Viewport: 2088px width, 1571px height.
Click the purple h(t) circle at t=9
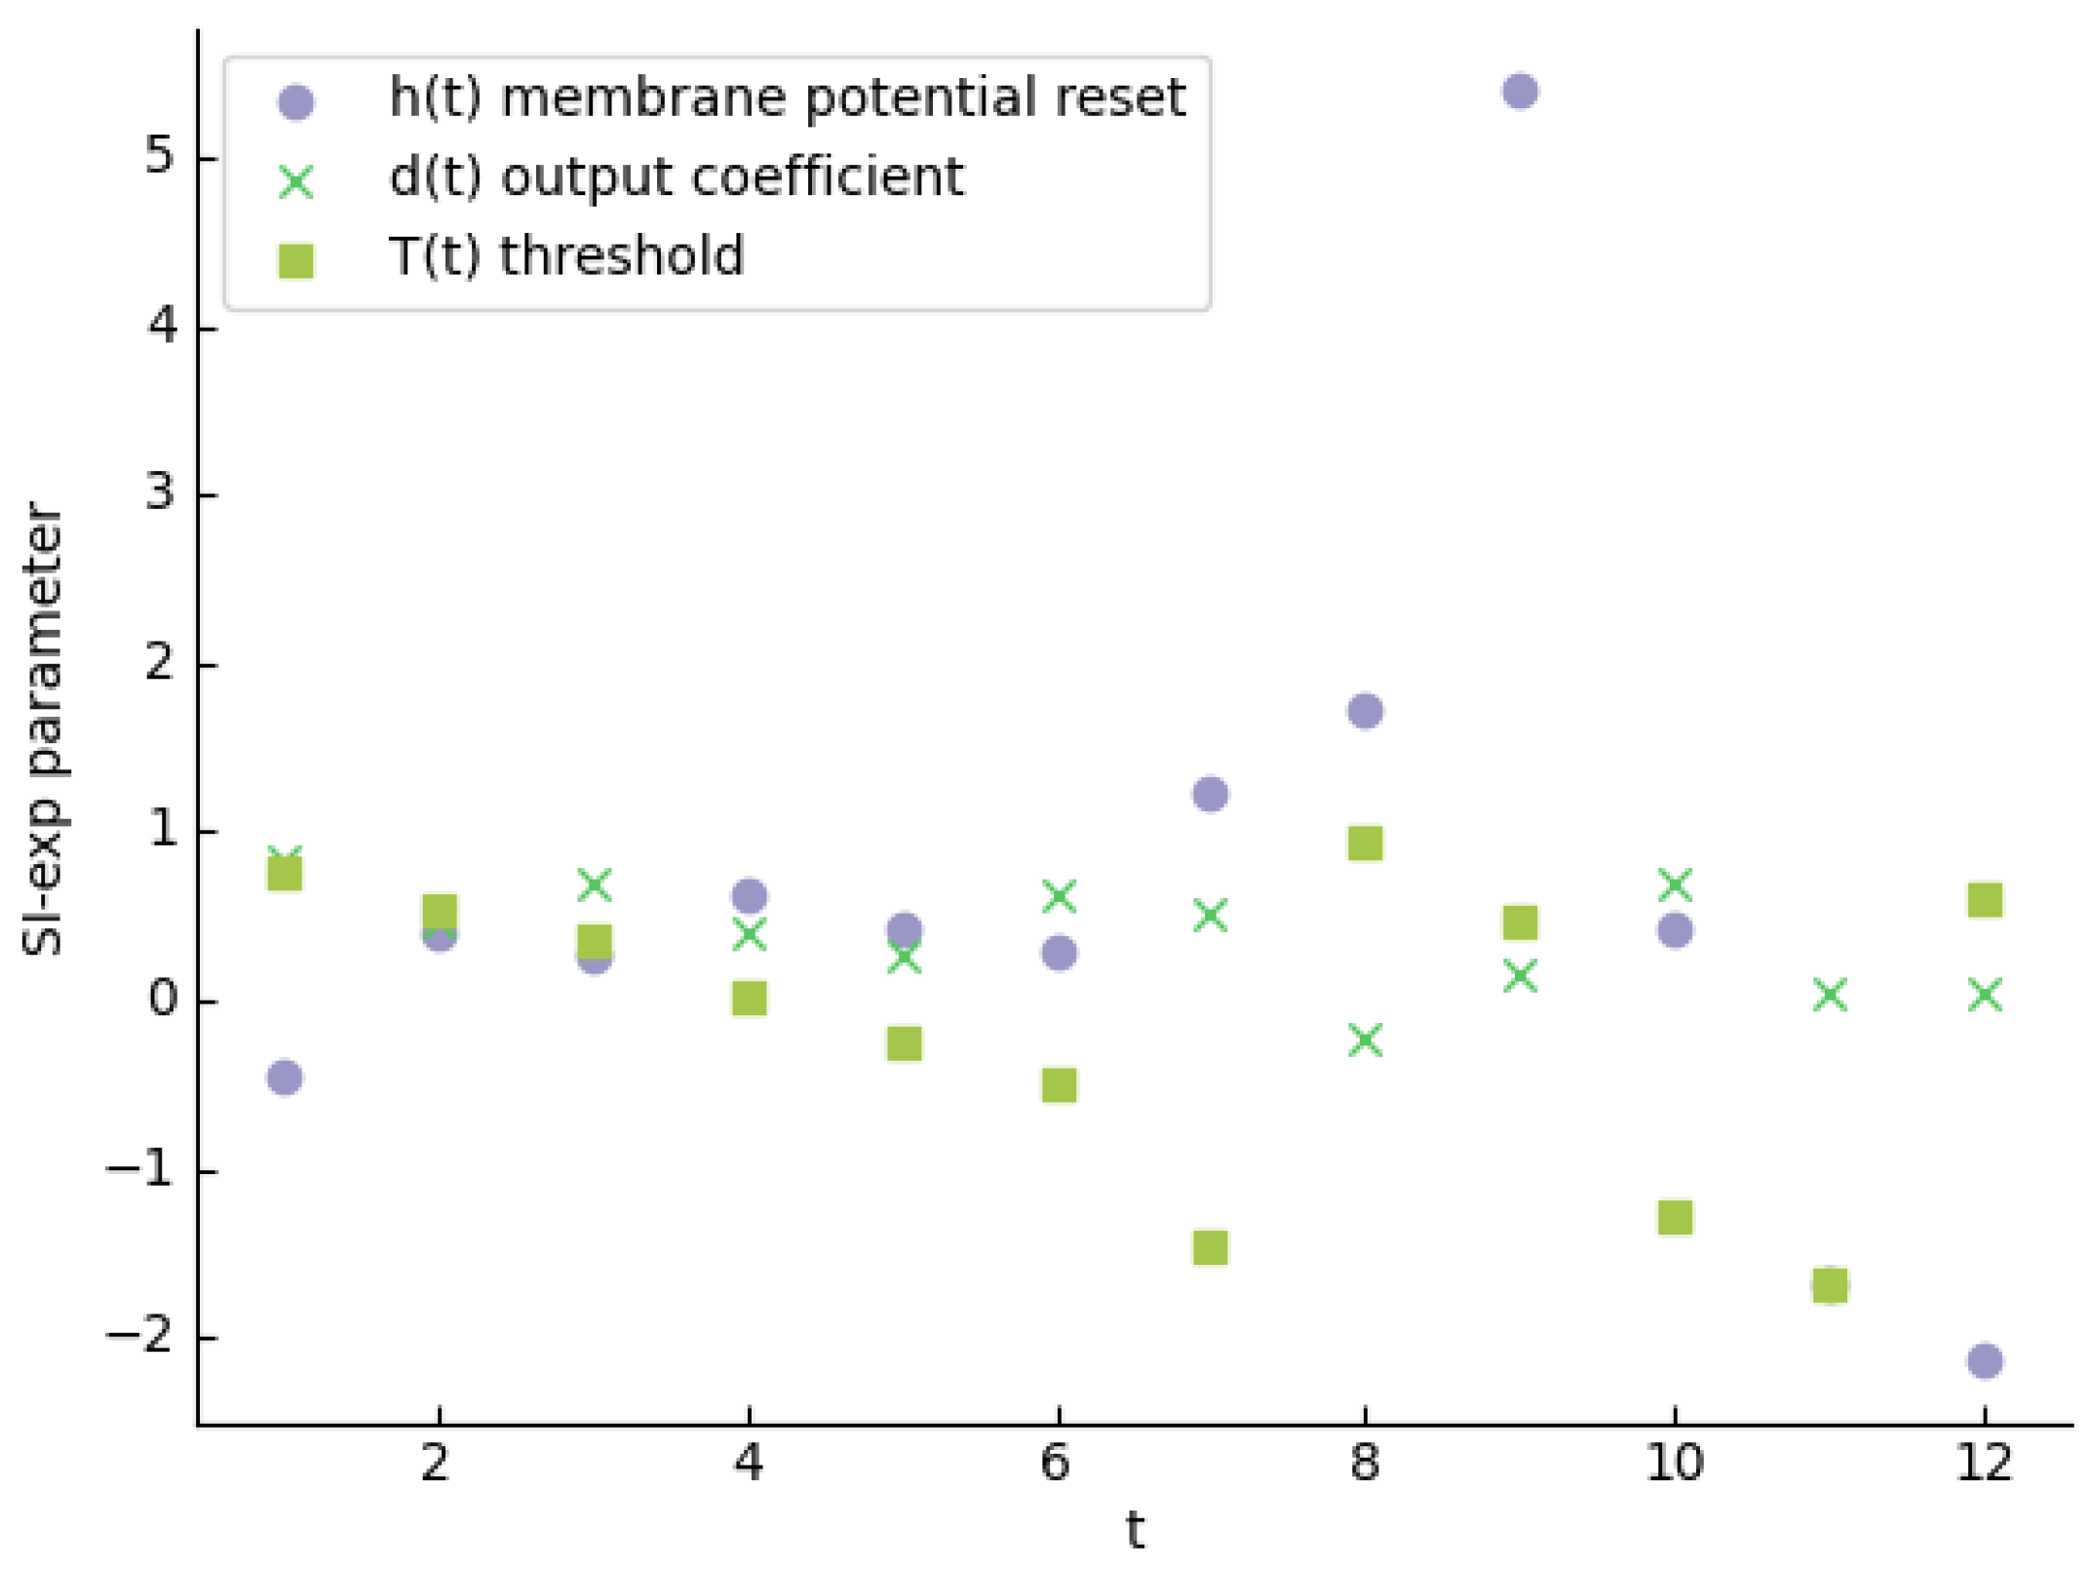(1520, 92)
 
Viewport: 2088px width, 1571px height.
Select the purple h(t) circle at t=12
(1985, 1360)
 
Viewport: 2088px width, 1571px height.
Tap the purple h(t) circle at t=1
(285, 1078)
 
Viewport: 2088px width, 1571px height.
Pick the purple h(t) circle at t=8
(1365, 711)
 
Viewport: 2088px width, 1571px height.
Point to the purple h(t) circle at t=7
(1210, 794)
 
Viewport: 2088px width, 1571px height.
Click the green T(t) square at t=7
(1210, 1247)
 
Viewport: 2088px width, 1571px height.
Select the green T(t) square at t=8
(1365, 844)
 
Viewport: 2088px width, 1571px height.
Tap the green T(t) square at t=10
(1675, 1217)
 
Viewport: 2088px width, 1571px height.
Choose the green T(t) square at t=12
(1985, 900)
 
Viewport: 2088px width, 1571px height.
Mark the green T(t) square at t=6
(1059, 1084)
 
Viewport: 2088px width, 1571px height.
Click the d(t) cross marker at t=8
(1365, 1040)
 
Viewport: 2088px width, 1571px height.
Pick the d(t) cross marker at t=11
(1830, 995)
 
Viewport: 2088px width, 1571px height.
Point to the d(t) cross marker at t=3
(595, 884)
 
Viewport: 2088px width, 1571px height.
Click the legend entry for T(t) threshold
(566, 256)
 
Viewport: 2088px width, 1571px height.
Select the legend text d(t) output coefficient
(676, 177)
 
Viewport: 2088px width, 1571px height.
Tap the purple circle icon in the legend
(296, 101)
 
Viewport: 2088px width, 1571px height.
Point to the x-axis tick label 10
(1675, 1464)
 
